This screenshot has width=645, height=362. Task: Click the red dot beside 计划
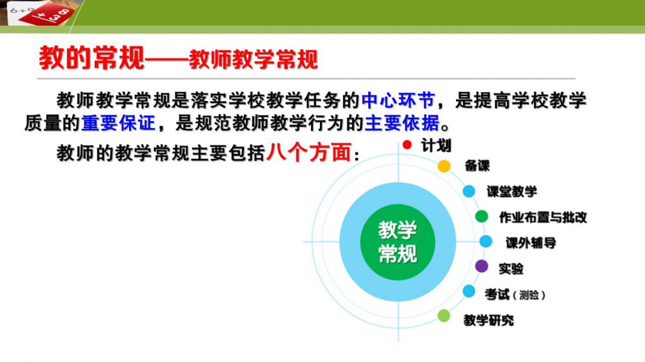(x=407, y=145)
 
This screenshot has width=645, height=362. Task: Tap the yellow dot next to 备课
(x=444, y=166)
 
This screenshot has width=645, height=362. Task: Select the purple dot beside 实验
(x=481, y=266)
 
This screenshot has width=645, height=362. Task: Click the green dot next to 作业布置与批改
(x=481, y=216)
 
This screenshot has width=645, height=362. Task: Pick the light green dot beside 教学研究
(x=444, y=316)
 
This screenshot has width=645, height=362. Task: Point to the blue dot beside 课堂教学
(x=469, y=191)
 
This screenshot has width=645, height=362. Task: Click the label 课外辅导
(x=531, y=243)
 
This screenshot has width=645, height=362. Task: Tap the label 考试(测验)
(x=515, y=294)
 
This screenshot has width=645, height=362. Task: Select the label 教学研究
(x=488, y=320)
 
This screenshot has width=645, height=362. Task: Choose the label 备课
(x=477, y=166)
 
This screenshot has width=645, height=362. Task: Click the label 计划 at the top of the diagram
(x=436, y=146)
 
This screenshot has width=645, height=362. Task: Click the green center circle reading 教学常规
(x=397, y=242)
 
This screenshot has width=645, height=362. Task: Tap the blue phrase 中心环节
(x=398, y=100)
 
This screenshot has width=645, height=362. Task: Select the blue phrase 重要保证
(x=119, y=123)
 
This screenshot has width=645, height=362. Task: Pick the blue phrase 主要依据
(x=402, y=123)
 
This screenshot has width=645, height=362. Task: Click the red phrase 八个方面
(x=308, y=153)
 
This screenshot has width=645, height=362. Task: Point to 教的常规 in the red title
(x=92, y=57)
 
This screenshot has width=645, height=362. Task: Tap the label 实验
(x=511, y=269)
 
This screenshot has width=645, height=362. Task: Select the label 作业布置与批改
(x=543, y=217)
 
